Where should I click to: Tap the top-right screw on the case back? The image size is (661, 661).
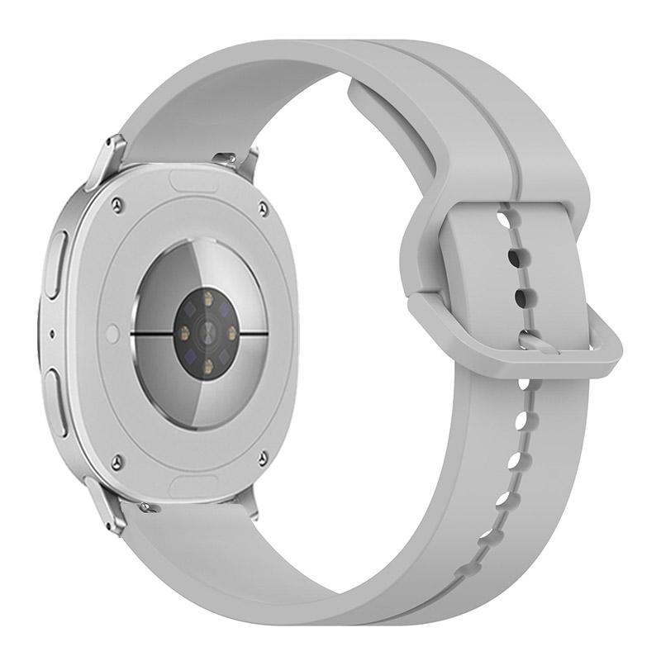(263, 208)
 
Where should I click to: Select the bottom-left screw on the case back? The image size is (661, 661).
(117, 461)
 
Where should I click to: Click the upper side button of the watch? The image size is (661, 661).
(55, 264)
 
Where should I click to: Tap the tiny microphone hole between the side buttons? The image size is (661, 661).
(53, 335)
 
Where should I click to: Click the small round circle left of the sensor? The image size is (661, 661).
(113, 334)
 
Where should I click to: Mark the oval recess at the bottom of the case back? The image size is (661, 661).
(193, 483)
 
